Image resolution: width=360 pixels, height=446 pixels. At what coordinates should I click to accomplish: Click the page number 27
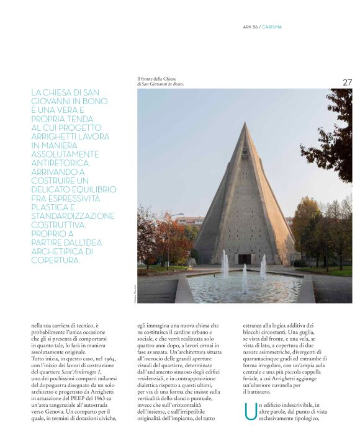click(347, 82)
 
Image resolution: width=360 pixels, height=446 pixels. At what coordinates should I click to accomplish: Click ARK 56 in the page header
click(251, 27)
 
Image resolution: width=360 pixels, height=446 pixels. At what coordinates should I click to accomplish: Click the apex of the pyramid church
click(246, 123)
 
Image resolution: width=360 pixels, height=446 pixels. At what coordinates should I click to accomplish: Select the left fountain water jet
click(225, 263)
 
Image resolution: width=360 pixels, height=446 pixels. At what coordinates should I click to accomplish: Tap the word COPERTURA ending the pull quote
click(55, 260)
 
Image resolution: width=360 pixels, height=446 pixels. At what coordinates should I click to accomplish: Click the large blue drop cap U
click(250, 413)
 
